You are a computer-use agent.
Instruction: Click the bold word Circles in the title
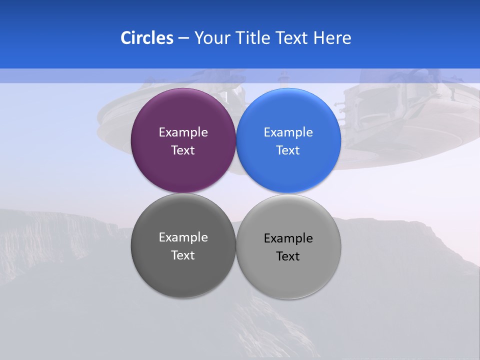tap(146, 38)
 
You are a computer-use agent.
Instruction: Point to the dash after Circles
tap(183, 38)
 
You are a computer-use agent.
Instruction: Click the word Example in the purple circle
tap(183, 132)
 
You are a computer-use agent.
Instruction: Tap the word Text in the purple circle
tap(183, 150)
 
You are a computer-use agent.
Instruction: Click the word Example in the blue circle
tap(288, 132)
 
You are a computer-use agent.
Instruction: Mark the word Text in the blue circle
tap(288, 150)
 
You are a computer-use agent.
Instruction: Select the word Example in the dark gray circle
tap(183, 237)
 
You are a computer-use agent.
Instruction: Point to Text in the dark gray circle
tap(183, 255)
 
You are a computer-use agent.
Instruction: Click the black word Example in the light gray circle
tap(288, 238)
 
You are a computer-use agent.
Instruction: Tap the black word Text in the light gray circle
tap(288, 256)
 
